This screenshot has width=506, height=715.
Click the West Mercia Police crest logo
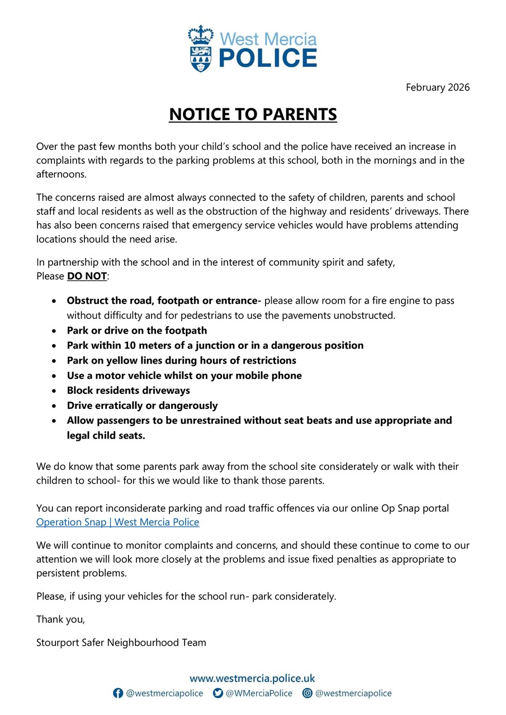201,49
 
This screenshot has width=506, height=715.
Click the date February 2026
437,87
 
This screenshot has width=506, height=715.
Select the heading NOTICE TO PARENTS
253,115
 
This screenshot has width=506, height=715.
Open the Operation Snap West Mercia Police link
117,522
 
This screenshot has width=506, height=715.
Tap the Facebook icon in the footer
118,693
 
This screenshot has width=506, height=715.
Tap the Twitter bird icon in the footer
217,693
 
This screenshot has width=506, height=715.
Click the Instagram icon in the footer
307,693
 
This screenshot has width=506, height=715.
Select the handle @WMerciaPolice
259,693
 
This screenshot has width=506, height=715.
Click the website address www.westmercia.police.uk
253,679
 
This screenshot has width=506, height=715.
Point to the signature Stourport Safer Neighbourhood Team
121,642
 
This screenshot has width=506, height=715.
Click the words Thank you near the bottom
60,619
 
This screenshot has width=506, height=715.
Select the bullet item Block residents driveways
128,390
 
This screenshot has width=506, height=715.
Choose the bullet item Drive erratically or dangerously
142,406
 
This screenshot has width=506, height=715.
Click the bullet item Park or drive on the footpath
136,330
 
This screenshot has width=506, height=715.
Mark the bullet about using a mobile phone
184,375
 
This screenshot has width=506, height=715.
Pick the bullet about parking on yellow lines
181,360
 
